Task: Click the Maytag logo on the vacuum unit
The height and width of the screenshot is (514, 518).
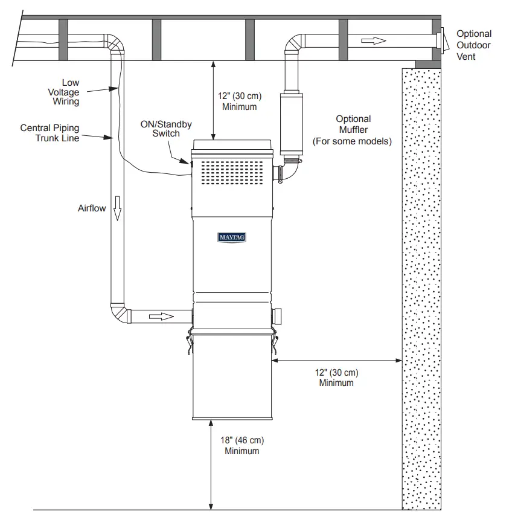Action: (x=232, y=237)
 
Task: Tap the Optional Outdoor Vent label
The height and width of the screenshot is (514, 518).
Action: (x=473, y=45)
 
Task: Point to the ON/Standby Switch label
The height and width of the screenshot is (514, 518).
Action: (x=166, y=129)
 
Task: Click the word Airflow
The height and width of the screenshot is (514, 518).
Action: (x=92, y=208)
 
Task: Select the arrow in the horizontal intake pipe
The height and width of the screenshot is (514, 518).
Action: (x=162, y=316)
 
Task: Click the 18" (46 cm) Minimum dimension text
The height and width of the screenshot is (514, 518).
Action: (x=242, y=446)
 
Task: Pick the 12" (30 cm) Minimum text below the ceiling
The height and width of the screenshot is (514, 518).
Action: (x=240, y=101)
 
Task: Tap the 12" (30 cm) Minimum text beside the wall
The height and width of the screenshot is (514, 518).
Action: (x=336, y=377)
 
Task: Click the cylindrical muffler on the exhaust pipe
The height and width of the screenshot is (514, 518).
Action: (x=291, y=124)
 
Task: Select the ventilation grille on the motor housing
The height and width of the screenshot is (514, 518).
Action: (x=232, y=172)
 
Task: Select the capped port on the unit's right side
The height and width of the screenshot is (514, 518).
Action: (x=278, y=316)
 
